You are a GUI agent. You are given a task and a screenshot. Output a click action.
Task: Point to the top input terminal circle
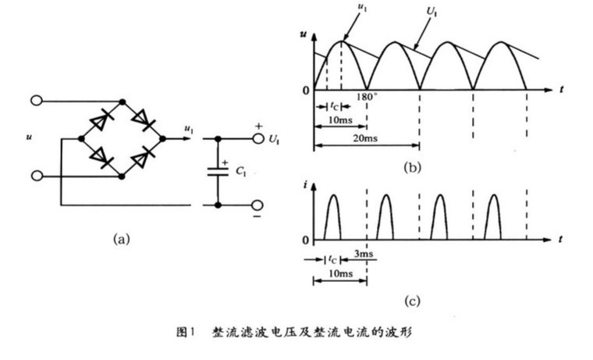36,100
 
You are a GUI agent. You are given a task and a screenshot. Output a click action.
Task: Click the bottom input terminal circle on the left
36,176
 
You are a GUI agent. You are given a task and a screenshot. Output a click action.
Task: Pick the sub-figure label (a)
121,239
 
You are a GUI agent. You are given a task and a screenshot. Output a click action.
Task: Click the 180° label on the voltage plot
367,98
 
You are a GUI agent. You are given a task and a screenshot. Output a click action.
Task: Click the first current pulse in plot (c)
333,216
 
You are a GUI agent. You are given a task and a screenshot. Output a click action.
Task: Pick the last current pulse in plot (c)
492,216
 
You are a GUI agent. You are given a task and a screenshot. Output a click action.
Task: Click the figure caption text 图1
185,332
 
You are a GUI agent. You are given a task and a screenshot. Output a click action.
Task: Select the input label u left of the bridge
29,137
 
